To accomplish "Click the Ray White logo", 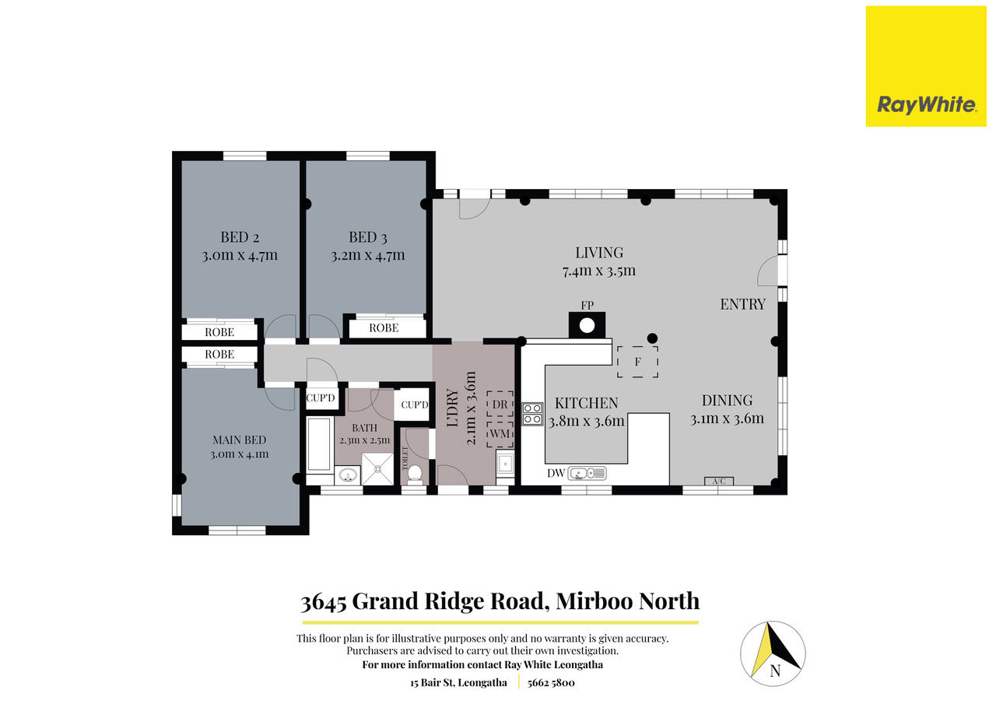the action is pyautogui.click(x=926, y=66).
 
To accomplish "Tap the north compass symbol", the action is pyautogui.click(x=773, y=653).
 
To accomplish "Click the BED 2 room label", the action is pyautogui.click(x=240, y=237).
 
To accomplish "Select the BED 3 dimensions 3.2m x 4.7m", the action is pyautogui.click(x=368, y=256).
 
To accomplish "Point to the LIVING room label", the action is pyautogui.click(x=599, y=253).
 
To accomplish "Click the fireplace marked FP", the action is pyautogui.click(x=587, y=325).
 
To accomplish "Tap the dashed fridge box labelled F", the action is pyautogui.click(x=637, y=362).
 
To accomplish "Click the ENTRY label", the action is pyautogui.click(x=742, y=304).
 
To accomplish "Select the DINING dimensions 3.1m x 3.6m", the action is pyautogui.click(x=727, y=419).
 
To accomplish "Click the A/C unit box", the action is pyautogui.click(x=719, y=482).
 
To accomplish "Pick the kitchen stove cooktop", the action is pyautogui.click(x=532, y=414).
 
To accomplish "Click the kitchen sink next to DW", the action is pyautogui.click(x=587, y=473).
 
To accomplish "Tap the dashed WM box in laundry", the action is pyautogui.click(x=500, y=433).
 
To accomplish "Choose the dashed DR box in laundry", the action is pyautogui.click(x=500, y=405).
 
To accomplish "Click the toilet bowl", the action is pyautogui.click(x=415, y=472).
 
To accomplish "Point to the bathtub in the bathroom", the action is pyautogui.click(x=319, y=443).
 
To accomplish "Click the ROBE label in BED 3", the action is pyautogui.click(x=384, y=328).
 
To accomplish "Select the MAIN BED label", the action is pyautogui.click(x=239, y=440).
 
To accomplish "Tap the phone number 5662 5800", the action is pyautogui.click(x=551, y=683).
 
